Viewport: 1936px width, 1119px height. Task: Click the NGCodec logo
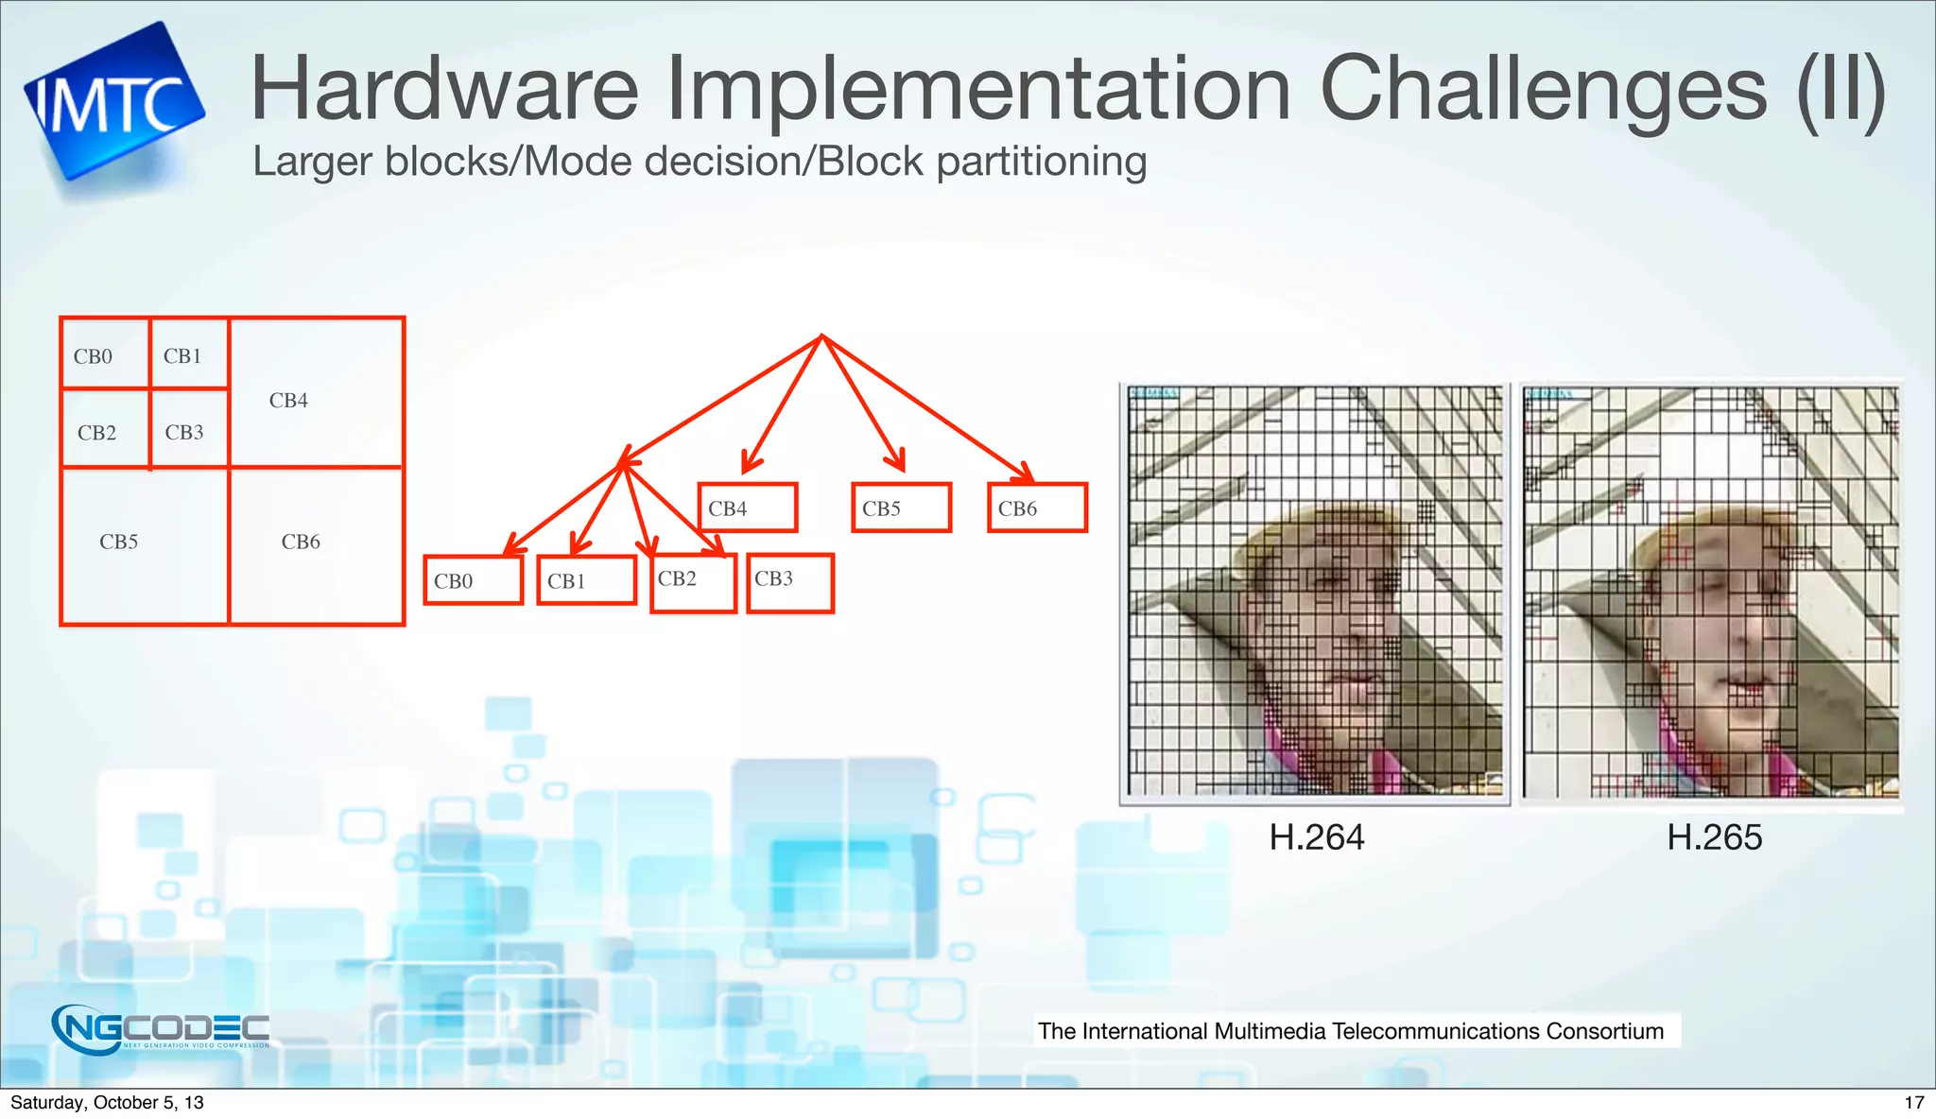161,1028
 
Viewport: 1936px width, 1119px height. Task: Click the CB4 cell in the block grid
316,393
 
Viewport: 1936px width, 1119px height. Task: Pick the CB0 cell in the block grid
105,354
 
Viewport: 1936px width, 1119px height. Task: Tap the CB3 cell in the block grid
189,429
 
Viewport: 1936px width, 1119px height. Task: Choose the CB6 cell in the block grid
316,545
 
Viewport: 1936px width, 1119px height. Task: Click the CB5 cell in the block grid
145,545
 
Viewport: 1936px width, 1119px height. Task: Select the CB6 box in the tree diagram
1037,508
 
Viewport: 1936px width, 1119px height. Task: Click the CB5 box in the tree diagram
901,508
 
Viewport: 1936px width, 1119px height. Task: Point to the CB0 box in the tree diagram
473,580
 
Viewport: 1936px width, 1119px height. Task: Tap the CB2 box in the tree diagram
693,583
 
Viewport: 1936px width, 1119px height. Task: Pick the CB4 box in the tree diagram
747,508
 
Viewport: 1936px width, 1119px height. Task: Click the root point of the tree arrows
822,336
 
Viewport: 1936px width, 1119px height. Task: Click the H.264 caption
1316,837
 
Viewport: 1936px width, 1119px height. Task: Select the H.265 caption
1714,837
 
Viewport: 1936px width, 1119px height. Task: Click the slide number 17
1913,1102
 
